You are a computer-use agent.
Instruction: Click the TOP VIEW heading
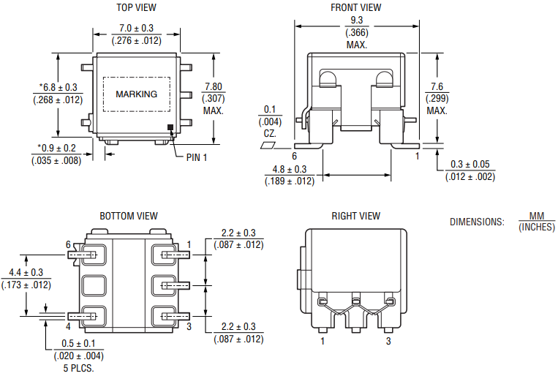coord(137,7)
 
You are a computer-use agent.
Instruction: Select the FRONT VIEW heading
coord(356,7)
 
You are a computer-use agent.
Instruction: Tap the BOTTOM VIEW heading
coord(129,216)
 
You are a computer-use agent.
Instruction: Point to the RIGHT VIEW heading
coord(355,216)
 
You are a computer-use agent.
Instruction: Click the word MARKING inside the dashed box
coord(137,94)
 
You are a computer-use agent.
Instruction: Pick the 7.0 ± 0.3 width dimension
coord(137,29)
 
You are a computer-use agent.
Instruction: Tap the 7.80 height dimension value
coord(214,86)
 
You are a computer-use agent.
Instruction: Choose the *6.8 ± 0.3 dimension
coord(59,87)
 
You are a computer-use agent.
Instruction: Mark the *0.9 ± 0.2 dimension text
coord(56,148)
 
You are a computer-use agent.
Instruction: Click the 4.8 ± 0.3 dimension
coord(290,169)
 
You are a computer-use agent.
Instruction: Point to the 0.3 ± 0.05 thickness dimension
coord(470,165)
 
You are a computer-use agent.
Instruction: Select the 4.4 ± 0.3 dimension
coord(26,272)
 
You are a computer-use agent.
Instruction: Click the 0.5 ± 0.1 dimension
coord(79,344)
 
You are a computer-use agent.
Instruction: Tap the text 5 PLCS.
coord(78,368)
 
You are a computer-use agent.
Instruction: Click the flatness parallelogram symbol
coord(269,146)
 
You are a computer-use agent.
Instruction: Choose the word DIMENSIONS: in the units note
coord(477,222)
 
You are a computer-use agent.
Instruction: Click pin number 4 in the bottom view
coord(68,326)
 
